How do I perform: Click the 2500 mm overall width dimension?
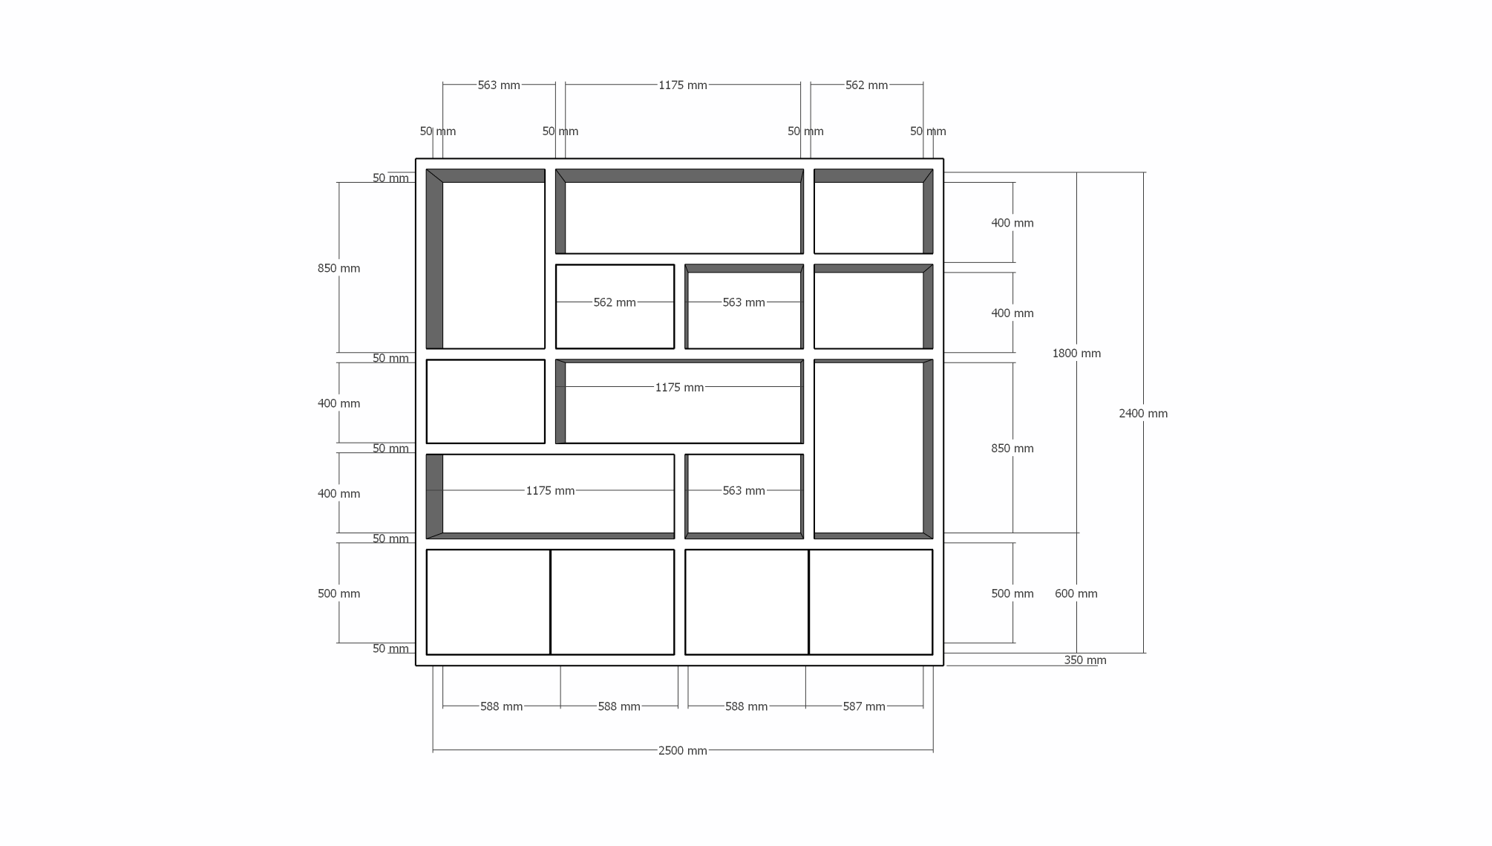coord(682,751)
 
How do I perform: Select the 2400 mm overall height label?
coord(1142,414)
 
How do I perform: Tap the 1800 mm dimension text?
coord(1076,354)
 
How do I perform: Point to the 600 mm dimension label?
coord(1076,593)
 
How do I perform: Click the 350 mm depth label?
coord(1084,660)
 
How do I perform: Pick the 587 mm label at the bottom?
coord(863,707)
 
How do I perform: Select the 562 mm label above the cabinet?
coord(866,85)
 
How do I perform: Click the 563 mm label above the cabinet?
coord(498,85)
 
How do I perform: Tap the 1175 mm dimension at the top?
coord(682,85)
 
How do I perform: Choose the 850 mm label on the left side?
coord(338,269)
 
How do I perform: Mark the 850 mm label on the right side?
coord(1012,449)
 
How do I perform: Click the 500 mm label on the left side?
coord(338,594)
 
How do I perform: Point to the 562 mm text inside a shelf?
coord(614,303)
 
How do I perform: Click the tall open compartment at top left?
coord(493,264)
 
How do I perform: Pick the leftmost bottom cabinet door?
coord(488,602)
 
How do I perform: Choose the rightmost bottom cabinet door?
coord(871,602)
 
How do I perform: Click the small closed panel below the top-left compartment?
coord(485,402)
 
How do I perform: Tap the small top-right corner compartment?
coord(868,217)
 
